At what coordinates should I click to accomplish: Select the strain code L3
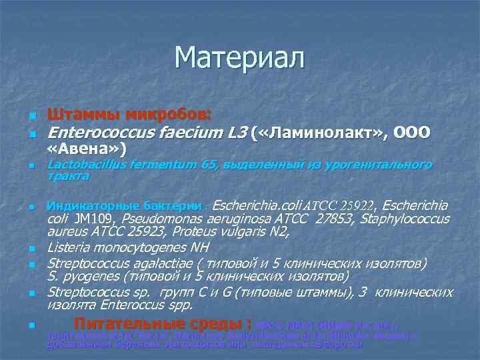[x=235, y=133]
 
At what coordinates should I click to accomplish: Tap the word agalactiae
[x=171, y=263]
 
